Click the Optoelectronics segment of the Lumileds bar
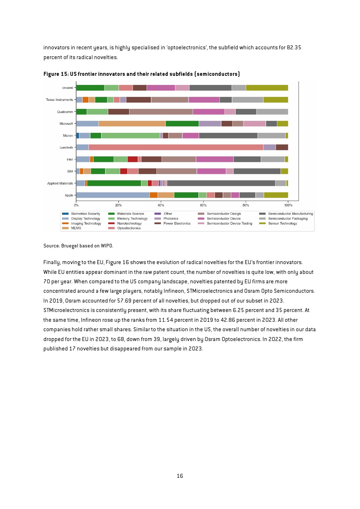coord(176,147)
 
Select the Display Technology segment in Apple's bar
coord(113,195)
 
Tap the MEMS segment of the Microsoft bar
coord(132,123)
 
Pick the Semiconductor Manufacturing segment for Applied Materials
coord(221,183)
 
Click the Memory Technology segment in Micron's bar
coord(130,135)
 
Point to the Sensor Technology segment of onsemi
coord(267,88)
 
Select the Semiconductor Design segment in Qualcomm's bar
coord(161,112)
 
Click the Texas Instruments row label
coord(59,99)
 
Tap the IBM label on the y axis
coord(70,171)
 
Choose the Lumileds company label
coord(66,147)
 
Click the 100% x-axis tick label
coord(288,205)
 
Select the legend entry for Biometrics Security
coord(81,214)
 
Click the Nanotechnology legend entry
coord(125,223)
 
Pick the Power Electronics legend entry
coord(172,223)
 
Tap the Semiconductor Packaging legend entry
coord(283,219)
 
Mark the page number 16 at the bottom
coord(180,476)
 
